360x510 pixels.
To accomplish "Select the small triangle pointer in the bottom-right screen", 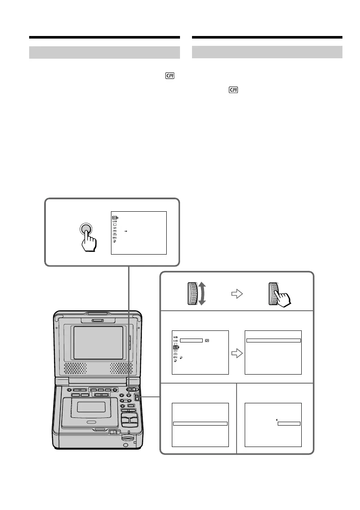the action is pyautogui.click(x=276, y=420).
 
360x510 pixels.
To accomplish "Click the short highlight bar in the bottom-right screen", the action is pyautogui.click(x=289, y=424).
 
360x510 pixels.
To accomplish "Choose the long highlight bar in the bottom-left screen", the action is pyautogui.click(x=200, y=424).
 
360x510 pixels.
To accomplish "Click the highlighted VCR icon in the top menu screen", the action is pyautogui.click(x=114, y=217).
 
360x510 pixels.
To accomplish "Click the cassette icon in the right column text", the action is pyautogui.click(x=233, y=90).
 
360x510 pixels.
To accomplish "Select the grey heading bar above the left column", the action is pyautogui.click(x=104, y=52).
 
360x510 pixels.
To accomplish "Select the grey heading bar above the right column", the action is pyautogui.click(x=267, y=52).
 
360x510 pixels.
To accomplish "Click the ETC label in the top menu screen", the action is pyautogui.click(x=114, y=237).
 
